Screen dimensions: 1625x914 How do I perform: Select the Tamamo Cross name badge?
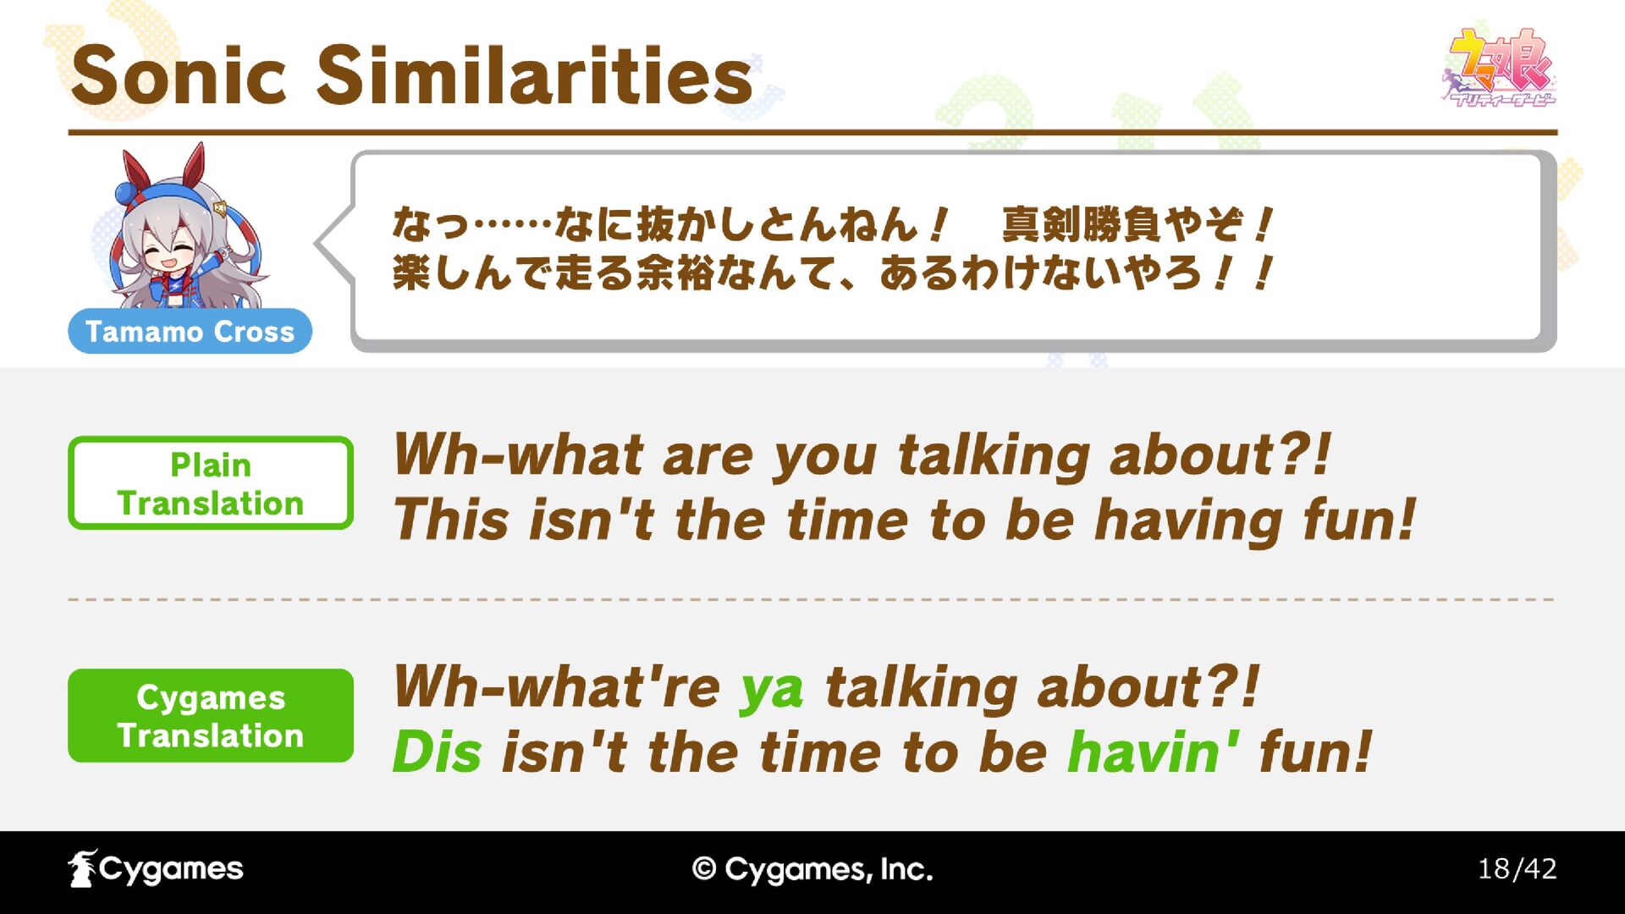(x=190, y=331)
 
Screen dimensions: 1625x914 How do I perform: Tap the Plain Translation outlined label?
(x=210, y=483)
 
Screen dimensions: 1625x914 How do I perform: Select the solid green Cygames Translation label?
(x=210, y=716)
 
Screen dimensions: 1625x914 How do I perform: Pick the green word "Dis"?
(x=438, y=752)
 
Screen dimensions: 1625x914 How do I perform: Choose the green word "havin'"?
(x=1154, y=752)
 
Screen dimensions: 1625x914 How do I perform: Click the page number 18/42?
(x=1517, y=869)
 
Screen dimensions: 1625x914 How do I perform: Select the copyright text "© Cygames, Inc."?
(x=812, y=869)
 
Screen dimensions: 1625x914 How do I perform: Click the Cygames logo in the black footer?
(x=156, y=869)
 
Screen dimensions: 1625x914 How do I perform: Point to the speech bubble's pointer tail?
(x=333, y=244)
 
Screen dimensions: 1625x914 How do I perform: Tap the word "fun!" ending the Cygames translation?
(x=1315, y=752)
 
